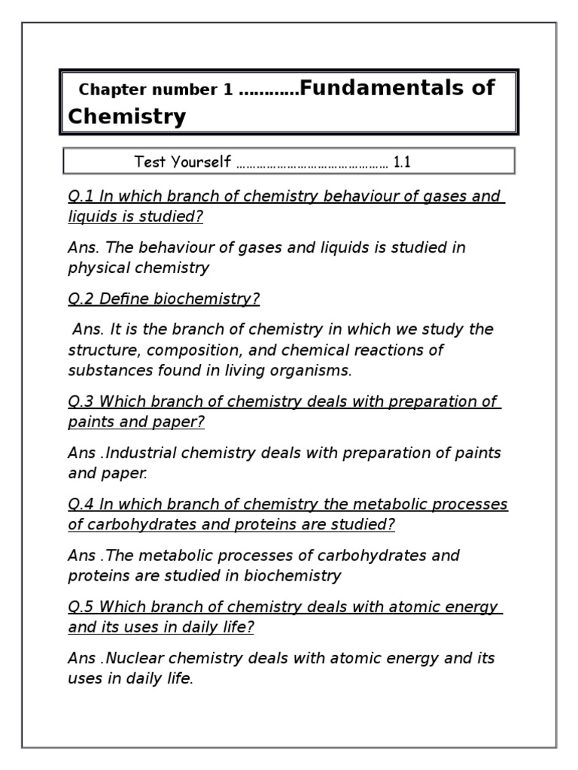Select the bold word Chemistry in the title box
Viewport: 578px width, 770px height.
coord(126,117)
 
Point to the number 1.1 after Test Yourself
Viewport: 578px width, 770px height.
coord(402,162)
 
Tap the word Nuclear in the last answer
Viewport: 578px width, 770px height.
coord(135,658)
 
